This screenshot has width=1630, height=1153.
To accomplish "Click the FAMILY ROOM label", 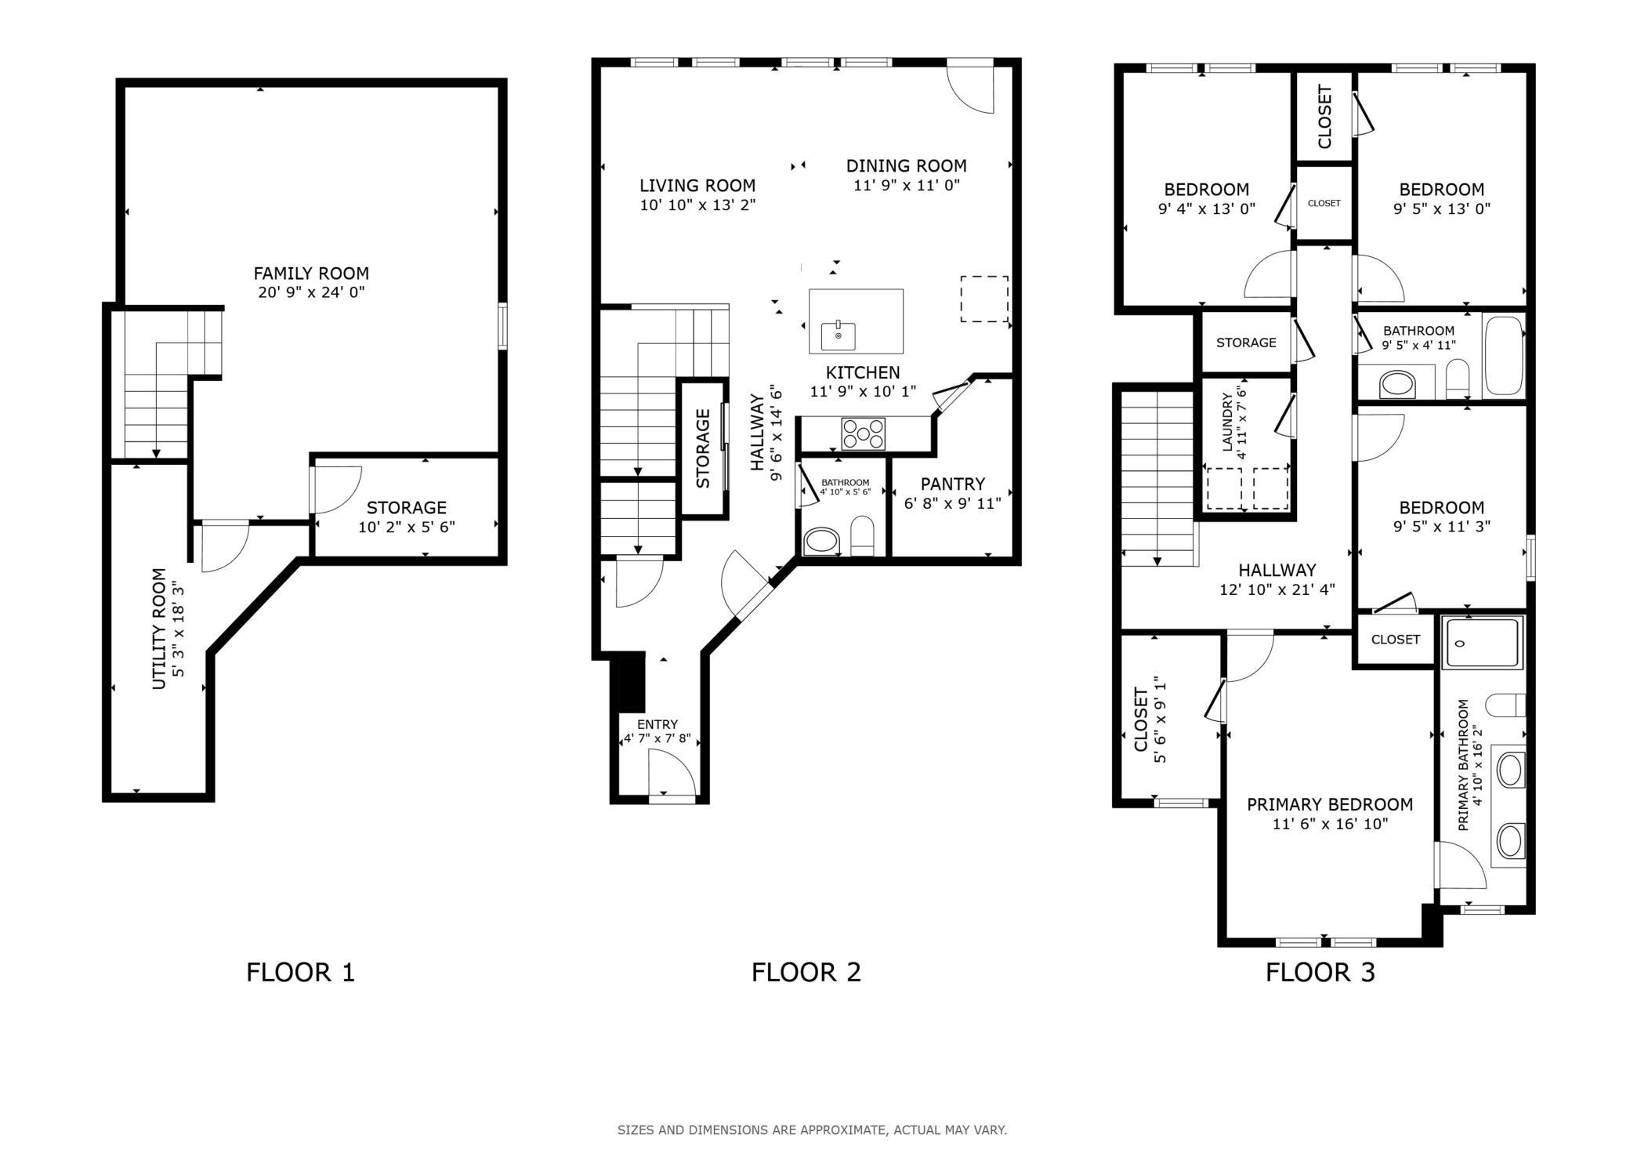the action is tap(311, 274).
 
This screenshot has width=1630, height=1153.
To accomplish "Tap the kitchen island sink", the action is tap(838, 335).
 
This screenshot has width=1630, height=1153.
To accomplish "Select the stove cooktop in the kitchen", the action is tap(863, 433).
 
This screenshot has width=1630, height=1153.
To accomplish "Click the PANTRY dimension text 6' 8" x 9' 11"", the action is tap(952, 503).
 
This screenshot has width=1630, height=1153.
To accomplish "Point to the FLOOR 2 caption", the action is tap(806, 973).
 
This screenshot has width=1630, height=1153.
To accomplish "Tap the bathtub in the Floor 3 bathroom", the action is tap(1504, 356).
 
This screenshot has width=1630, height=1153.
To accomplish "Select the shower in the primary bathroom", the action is tap(1483, 642).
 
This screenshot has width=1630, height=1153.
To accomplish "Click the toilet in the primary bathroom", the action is tap(1505, 705).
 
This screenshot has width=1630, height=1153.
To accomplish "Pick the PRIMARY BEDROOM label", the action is tap(1330, 804).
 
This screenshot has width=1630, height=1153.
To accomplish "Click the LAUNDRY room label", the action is tap(1227, 422).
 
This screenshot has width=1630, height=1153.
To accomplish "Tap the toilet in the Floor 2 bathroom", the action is tap(862, 535).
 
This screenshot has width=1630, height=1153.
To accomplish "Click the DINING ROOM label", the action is tap(906, 166).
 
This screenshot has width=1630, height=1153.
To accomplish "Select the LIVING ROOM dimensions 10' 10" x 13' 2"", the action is tap(697, 205).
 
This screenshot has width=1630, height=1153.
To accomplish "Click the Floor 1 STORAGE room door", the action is tap(336, 490).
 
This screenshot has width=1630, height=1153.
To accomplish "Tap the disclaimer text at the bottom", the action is tap(812, 1130).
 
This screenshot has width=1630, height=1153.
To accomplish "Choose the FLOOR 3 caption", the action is tap(1320, 973).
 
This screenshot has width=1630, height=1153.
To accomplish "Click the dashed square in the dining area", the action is tap(984, 299).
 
